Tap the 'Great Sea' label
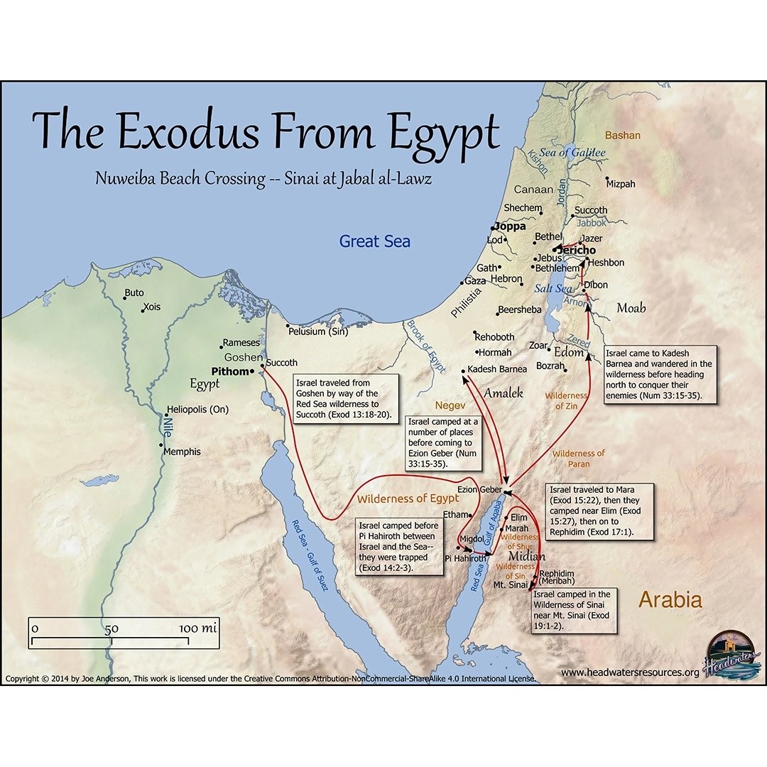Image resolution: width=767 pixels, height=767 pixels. coord(374,241)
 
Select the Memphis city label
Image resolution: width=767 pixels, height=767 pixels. coord(182,452)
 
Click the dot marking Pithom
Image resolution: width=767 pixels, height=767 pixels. coord(252,371)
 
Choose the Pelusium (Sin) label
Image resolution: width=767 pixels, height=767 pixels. coord(318,332)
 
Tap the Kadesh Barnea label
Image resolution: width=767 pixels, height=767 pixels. coord(497,369)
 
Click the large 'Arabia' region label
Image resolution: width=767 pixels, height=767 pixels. coord(670,600)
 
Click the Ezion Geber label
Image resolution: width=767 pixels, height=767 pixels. coord(479,490)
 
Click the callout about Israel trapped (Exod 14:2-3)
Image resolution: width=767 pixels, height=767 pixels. coord(398,545)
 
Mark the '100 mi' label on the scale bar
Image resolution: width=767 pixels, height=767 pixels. coord(197,629)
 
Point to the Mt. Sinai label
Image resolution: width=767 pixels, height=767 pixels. coord(510,585)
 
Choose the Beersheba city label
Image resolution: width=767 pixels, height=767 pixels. coord(519,310)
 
